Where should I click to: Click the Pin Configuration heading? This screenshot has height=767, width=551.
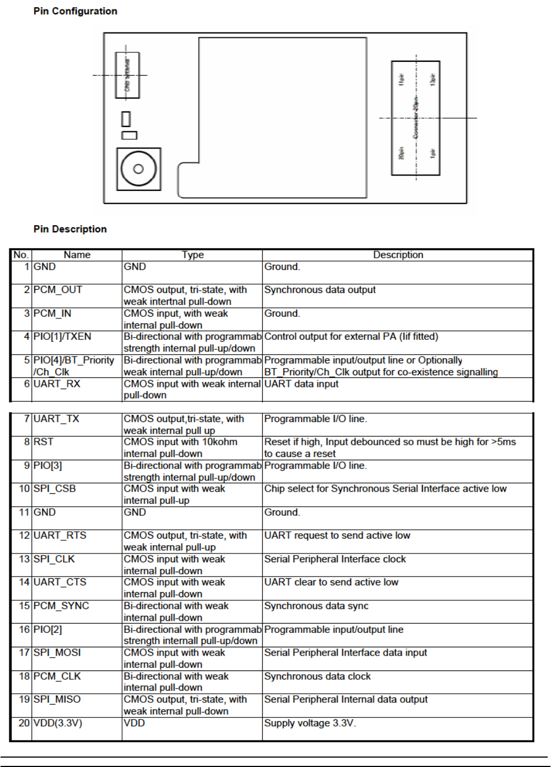(x=75, y=11)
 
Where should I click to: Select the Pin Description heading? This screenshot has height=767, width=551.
(x=70, y=229)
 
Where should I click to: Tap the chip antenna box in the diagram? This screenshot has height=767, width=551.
(x=127, y=75)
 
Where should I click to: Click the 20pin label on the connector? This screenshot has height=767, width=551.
(x=401, y=153)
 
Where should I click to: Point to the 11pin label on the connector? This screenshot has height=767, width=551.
(x=401, y=79)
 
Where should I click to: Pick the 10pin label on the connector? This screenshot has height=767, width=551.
(x=433, y=79)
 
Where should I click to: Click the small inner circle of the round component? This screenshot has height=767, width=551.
(x=138, y=169)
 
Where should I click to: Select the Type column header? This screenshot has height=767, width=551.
(x=193, y=255)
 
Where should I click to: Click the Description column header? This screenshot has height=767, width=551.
(x=398, y=255)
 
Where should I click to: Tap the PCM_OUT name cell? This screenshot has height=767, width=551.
(x=58, y=290)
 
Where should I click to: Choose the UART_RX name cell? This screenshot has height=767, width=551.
(x=57, y=384)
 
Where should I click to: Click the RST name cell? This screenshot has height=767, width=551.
(x=44, y=442)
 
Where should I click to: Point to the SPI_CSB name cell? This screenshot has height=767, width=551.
(x=55, y=489)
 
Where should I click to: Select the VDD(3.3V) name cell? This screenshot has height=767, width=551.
(x=58, y=723)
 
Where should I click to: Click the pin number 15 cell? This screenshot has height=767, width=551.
(x=24, y=606)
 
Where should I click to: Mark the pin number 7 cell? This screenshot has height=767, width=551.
(x=27, y=419)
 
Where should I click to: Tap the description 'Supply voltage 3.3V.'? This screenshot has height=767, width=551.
(x=310, y=723)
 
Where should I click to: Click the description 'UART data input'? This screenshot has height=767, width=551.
(x=301, y=384)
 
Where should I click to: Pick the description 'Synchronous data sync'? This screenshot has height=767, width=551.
(x=316, y=606)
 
